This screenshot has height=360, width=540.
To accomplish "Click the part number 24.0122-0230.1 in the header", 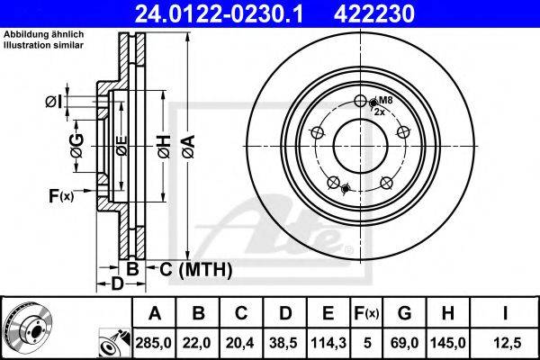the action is point(219,13).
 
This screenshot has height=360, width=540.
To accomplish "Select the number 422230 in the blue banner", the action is point(374,13).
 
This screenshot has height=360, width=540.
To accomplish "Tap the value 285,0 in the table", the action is point(154,343).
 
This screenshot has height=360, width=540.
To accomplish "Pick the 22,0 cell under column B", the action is point(198,343).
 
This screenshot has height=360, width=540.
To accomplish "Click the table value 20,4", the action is point(241,343).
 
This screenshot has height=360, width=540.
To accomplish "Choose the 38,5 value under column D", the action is point(284,343).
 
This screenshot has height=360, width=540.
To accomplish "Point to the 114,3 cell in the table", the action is point(328,343).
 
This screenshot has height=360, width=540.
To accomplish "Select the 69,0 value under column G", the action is point(405,343).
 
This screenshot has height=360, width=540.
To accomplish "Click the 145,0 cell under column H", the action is point(448,343).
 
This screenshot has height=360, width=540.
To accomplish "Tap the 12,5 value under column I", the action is point(504,343).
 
